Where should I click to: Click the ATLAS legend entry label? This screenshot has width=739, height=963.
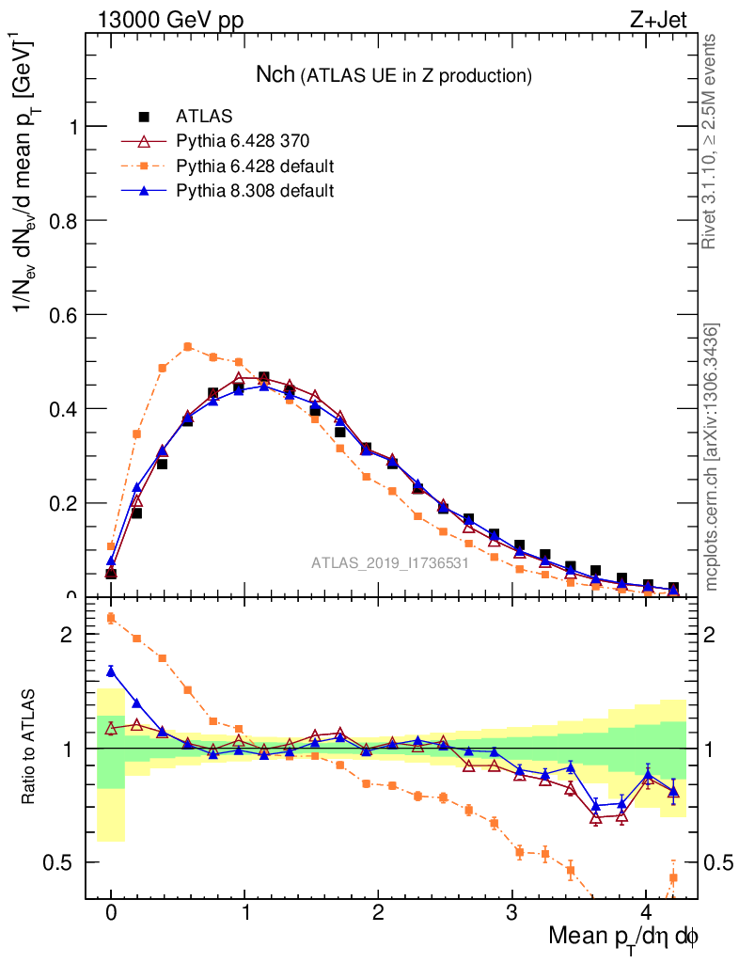[x=204, y=117]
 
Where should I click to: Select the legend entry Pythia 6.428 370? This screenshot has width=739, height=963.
[x=243, y=142]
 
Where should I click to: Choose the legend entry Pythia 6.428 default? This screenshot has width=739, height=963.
[x=255, y=166]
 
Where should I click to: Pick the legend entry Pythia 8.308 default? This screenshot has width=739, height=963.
[x=255, y=191]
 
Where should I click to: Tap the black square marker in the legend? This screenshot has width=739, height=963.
[x=145, y=117]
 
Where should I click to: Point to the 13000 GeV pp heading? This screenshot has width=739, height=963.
[x=170, y=19]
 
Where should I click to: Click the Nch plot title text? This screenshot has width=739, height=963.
[x=394, y=74]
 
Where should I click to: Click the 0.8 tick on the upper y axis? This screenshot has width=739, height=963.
[x=66, y=220]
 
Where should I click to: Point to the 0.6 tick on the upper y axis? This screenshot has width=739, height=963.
[x=66, y=314]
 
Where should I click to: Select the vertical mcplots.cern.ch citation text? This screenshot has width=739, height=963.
[x=712, y=457]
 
